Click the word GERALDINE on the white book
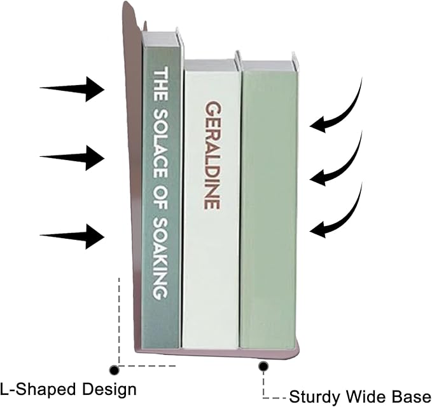(x=213, y=155)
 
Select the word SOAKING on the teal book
(x=160, y=258)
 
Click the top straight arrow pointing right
(x=72, y=89)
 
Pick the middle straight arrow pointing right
(x=72, y=158)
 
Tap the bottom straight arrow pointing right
(x=72, y=236)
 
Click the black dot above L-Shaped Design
(x=114, y=370)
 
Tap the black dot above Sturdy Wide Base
(x=263, y=366)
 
